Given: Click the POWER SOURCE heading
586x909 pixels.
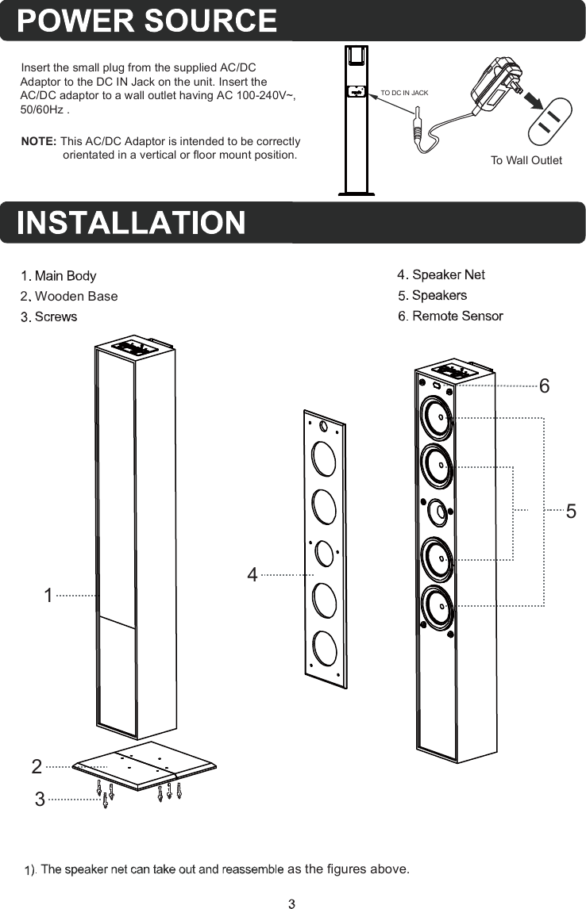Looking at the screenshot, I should pos(148,21).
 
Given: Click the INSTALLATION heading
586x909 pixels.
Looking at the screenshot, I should pos(131,223).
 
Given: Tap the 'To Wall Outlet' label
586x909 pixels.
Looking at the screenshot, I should pos(526,160).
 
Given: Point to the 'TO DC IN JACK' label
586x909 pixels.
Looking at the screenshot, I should pos(404,93).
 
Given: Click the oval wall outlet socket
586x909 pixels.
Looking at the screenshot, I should pos(550,121).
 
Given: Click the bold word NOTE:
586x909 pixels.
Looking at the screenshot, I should pos(38,141).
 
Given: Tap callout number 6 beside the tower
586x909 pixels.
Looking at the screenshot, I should pos(544,387).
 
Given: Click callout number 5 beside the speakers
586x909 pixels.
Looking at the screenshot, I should pos(571,512).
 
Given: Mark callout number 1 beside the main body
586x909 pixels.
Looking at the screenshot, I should pos(48,595).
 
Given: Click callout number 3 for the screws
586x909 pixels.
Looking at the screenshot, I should pos(40,800).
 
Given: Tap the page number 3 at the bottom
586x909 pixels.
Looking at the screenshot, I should pos(292,902).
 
